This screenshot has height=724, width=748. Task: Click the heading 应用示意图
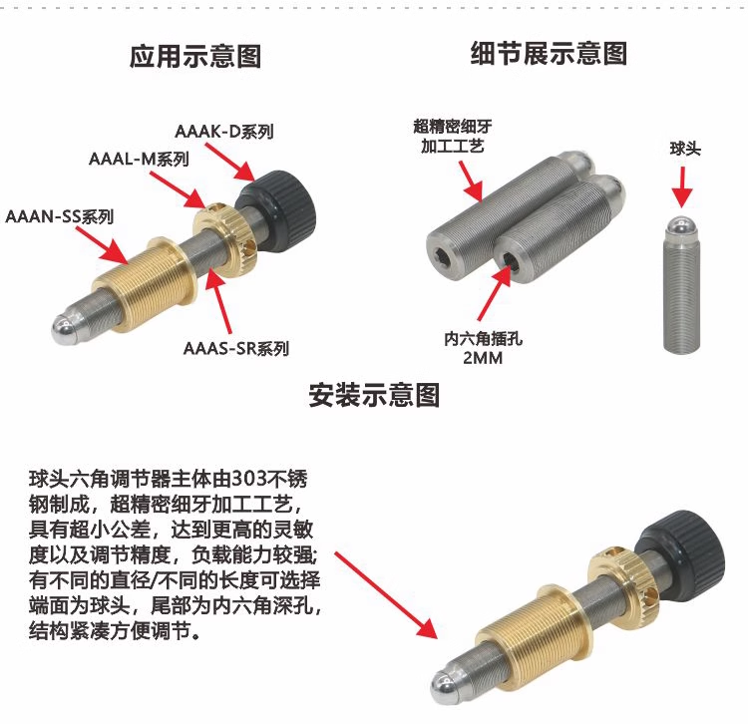pos(195,56)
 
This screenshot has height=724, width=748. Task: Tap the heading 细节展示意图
pos(550,53)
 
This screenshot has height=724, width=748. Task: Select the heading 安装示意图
pos(374,395)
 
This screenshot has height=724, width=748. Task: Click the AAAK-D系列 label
pos(224,132)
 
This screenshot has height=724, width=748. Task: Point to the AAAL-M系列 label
pos(139,159)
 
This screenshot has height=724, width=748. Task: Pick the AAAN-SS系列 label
pos(60,216)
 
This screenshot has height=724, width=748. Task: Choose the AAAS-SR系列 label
pos(236,348)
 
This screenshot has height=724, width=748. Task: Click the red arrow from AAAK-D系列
pos(229,162)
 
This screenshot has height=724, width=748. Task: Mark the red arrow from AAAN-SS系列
pos(102,245)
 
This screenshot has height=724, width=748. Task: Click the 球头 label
pos(685,149)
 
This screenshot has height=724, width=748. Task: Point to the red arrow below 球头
pos(682,186)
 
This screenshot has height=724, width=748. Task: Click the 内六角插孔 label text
pos(484,339)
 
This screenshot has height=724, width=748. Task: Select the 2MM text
pos(483,358)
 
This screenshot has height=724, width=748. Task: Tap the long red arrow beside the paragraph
pos(385,595)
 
